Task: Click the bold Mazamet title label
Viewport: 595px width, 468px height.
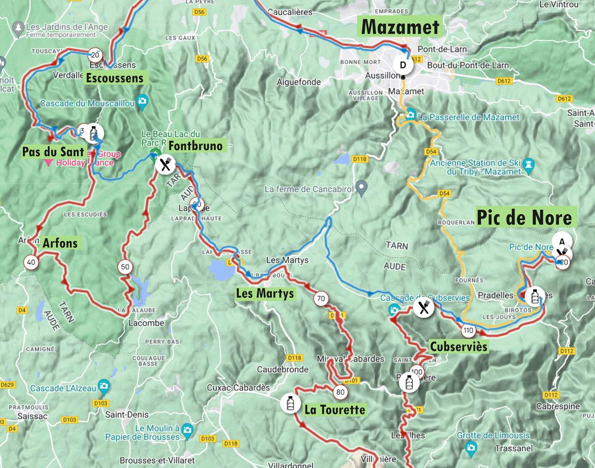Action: tap(400, 27)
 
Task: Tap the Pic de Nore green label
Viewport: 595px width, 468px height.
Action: tap(524, 217)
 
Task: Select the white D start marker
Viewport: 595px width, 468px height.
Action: tap(403, 65)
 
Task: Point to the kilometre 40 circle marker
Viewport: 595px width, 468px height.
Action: tap(31, 262)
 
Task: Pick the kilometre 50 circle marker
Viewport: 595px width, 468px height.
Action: tap(125, 267)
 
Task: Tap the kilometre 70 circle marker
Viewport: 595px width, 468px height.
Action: tap(321, 299)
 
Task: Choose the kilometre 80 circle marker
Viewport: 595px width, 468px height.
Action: tap(340, 392)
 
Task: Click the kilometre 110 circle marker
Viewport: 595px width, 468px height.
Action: tap(468, 330)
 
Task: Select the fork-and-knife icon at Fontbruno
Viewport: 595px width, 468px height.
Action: tap(165, 164)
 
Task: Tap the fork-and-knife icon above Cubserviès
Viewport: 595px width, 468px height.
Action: tap(424, 307)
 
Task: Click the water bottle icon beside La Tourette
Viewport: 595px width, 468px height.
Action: tap(290, 403)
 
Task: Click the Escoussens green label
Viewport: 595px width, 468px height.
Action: tap(115, 78)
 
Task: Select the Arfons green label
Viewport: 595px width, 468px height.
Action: tap(60, 243)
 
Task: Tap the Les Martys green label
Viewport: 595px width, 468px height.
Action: tap(265, 294)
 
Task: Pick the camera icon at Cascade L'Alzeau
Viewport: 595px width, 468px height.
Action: tap(104, 386)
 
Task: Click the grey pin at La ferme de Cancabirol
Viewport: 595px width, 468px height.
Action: tap(361, 187)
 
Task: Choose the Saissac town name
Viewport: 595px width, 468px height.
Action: tap(32, 416)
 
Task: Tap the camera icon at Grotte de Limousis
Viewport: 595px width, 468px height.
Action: tap(470, 447)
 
